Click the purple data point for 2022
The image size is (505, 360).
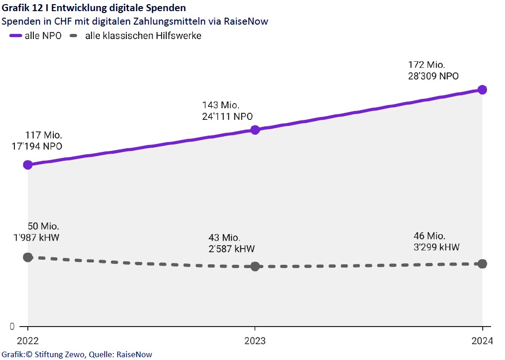28,164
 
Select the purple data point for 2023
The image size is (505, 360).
255,130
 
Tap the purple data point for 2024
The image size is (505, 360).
482,90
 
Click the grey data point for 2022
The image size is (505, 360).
28,257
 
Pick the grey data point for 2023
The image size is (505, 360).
255,266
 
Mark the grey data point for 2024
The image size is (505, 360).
482,264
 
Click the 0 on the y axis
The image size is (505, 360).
12,326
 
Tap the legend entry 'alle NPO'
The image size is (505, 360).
43,36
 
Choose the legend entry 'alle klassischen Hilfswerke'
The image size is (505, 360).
143,36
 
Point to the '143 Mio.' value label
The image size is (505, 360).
221,105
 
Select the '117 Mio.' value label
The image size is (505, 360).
44,136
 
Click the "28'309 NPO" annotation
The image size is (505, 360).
434,77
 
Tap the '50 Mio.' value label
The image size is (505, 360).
44,227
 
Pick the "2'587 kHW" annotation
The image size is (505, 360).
232,249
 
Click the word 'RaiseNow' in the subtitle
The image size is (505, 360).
247,21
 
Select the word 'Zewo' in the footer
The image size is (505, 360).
70,354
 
